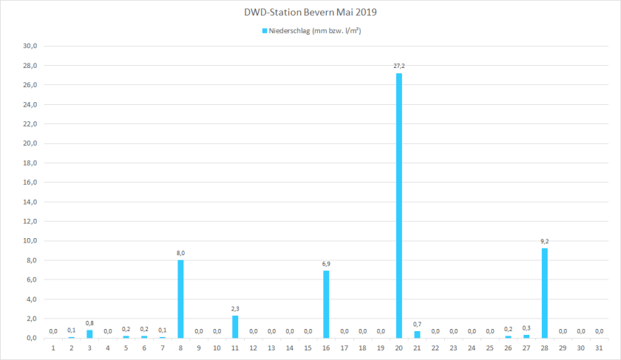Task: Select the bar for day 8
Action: coord(180,299)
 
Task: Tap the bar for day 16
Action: coord(326,304)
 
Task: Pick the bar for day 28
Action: coord(545,293)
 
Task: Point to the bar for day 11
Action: coord(235,327)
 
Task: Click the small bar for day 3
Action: coord(89,334)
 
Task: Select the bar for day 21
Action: coord(418,335)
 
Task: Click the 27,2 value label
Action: coord(399,66)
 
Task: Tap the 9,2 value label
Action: coord(545,241)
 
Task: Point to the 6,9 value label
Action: coord(326,264)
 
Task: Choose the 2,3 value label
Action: coord(235,308)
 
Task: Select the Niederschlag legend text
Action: coord(315,31)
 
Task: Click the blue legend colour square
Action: coord(263,31)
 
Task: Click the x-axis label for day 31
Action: coord(600,347)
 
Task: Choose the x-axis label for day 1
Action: coord(53,347)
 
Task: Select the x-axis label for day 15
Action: coord(308,347)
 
